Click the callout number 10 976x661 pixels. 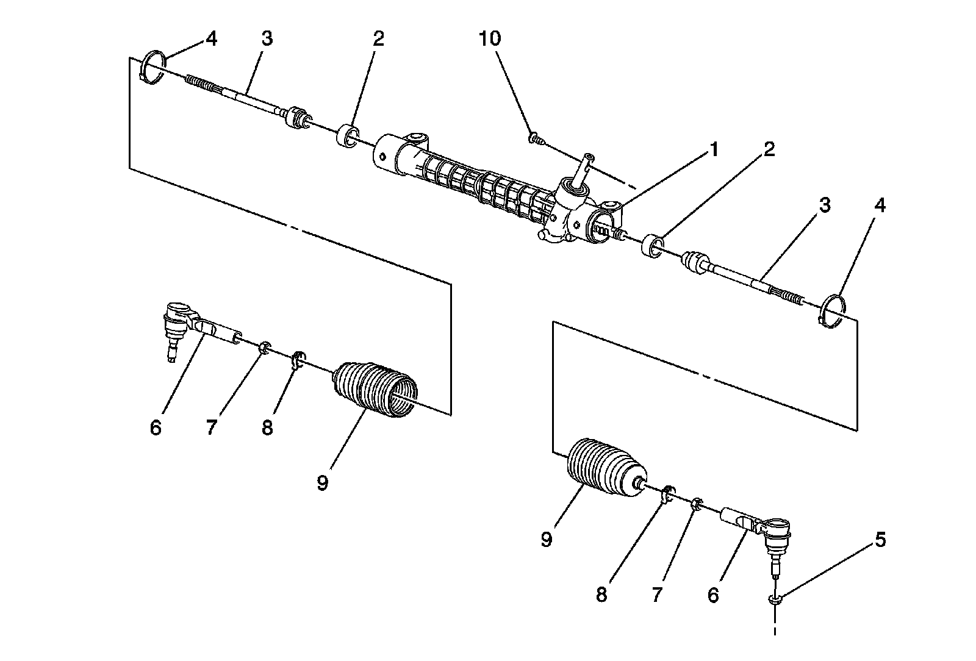click(x=490, y=39)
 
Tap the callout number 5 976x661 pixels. click(x=880, y=540)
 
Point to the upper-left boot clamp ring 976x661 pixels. click(x=152, y=69)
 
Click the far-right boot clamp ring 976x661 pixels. click(x=831, y=309)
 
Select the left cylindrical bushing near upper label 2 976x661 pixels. click(x=348, y=136)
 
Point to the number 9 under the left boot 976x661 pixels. click(x=322, y=484)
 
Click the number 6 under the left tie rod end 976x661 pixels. click(x=156, y=428)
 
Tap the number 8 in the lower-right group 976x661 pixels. click(x=601, y=595)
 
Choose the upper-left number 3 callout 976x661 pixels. click(x=267, y=39)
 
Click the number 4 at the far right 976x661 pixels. click(x=879, y=206)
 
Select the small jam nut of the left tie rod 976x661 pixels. click(x=264, y=348)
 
